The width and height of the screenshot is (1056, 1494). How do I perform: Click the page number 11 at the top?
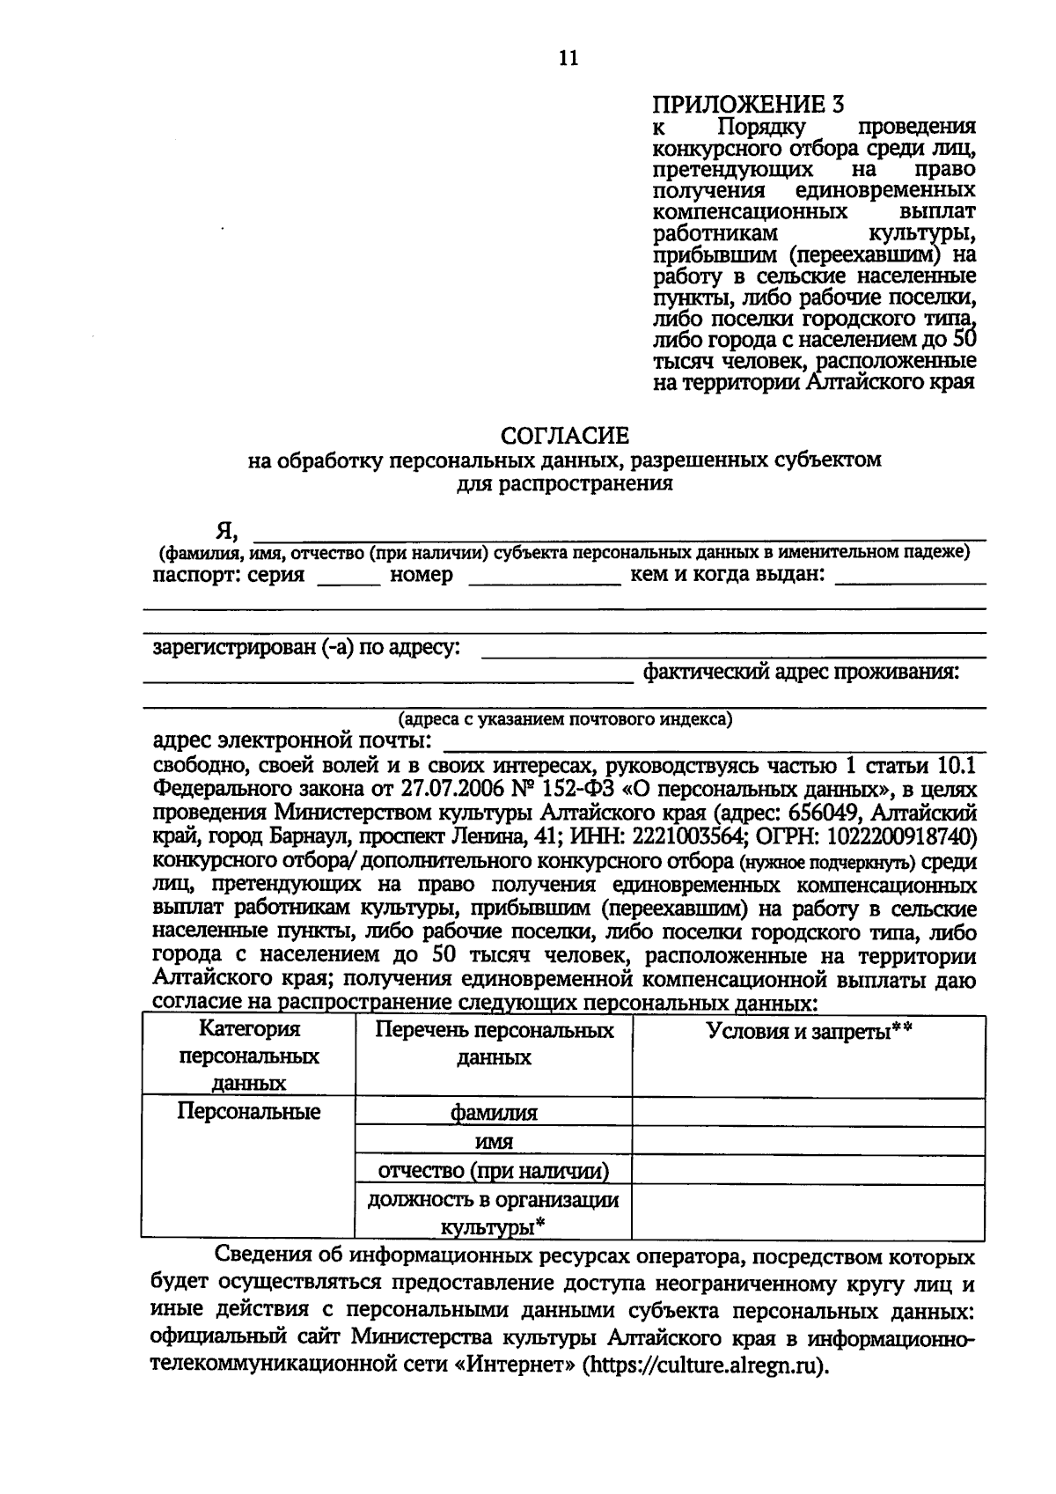coord(568,58)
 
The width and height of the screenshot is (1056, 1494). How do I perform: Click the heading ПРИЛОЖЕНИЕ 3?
coord(748,105)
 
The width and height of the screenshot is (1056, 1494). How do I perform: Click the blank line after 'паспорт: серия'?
coord(349,581)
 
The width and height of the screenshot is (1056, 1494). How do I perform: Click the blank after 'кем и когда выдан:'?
coord(909,581)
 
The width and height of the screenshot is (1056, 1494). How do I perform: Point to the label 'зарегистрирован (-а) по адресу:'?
coord(305,648)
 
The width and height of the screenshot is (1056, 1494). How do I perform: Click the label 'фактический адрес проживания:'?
coord(800,673)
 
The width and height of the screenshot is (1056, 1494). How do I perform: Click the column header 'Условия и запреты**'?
coord(809,1031)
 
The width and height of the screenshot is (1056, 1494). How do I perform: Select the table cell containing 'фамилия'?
coord(494,1113)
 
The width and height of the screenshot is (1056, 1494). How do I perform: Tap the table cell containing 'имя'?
coord(494,1142)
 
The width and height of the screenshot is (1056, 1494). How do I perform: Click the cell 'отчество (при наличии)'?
coord(494,1171)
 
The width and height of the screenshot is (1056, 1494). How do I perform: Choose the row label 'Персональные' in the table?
coord(248,1111)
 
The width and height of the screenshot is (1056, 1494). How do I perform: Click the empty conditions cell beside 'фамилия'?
coord(809,1113)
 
